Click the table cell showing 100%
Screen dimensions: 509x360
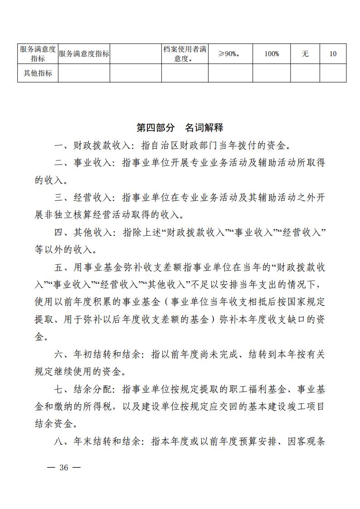click(272, 54)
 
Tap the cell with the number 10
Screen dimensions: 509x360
click(333, 54)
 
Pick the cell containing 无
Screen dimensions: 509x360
click(305, 54)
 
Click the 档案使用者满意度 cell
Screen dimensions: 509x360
click(185, 54)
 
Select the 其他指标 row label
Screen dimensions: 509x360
click(38, 73)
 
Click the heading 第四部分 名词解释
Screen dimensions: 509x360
click(180, 127)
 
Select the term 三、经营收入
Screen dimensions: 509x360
click(85, 198)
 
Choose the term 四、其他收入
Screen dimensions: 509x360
click(85, 233)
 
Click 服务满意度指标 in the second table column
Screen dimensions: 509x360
click(84, 54)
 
